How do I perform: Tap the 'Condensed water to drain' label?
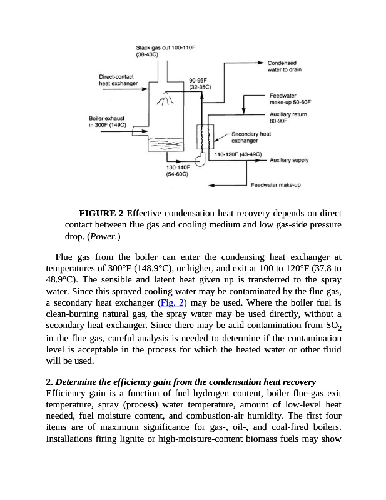coord(284,66)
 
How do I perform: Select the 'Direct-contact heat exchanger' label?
coord(118,79)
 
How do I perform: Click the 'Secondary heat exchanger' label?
coord(251,137)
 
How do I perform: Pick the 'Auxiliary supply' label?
coord(289,160)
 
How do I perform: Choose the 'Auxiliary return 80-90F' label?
coord(288,117)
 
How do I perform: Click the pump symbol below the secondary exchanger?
coord(200,160)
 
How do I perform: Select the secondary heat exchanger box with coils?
coord(204,136)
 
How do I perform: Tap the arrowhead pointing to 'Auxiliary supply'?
coord(263,160)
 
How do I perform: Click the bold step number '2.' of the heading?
coord(49,381)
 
